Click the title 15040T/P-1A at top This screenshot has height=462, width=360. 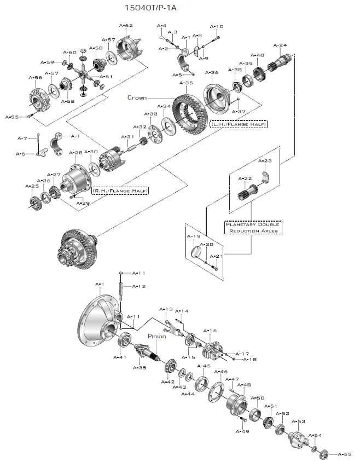[x=150, y=8]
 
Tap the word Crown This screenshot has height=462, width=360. [x=137, y=97]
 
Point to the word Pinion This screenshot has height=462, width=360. [x=156, y=336]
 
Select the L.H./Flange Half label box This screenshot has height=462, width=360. [x=239, y=124]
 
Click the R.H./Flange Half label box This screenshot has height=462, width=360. [x=120, y=190]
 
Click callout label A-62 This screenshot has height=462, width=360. [x=126, y=25]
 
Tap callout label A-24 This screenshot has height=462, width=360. [x=280, y=45]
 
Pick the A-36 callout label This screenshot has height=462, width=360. [x=212, y=72]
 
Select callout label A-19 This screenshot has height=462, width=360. [x=194, y=236]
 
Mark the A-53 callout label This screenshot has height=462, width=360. [x=298, y=421]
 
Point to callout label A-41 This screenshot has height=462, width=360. [x=120, y=357]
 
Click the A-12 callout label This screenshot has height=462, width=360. [x=139, y=286]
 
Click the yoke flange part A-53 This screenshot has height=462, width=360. [x=298, y=438]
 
